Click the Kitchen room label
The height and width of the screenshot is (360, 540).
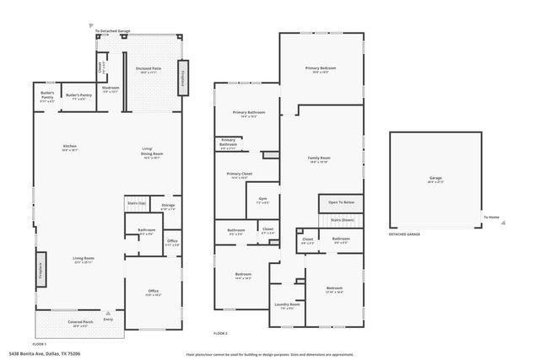pyautogui.click(x=70, y=147)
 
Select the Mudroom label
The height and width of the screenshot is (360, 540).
pyautogui.click(x=111, y=88)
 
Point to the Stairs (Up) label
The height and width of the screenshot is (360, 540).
pyautogui.click(x=137, y=203)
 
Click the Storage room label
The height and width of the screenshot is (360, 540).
pyautogui.click(x=168, y=205)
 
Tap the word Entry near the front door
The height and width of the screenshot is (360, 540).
pyautogui.click(x=108, y=319)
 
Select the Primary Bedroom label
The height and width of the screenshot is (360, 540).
pyautogui.click(x=321, y=69)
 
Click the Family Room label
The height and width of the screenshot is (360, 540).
pyautogui.click(x=318, y=159)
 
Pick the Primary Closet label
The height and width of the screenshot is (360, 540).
pyautogui.click(x=240, y=175)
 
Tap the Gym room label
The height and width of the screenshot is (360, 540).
pyautogui.click(x=262, y=199)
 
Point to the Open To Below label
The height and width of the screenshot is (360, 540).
pyautogui.click(x=341, y=202)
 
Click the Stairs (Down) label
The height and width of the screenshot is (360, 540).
pyautogui.click(x=341, y=219)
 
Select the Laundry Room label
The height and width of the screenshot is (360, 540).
pyautogui.click(x=284, y=304)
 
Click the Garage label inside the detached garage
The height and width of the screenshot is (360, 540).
pyautogui.click(x=435, y=178)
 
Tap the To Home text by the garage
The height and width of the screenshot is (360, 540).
pyautogui.click(x=490, y=218)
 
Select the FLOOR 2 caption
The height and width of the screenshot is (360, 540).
pyautogui.click(x=221, y=334)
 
